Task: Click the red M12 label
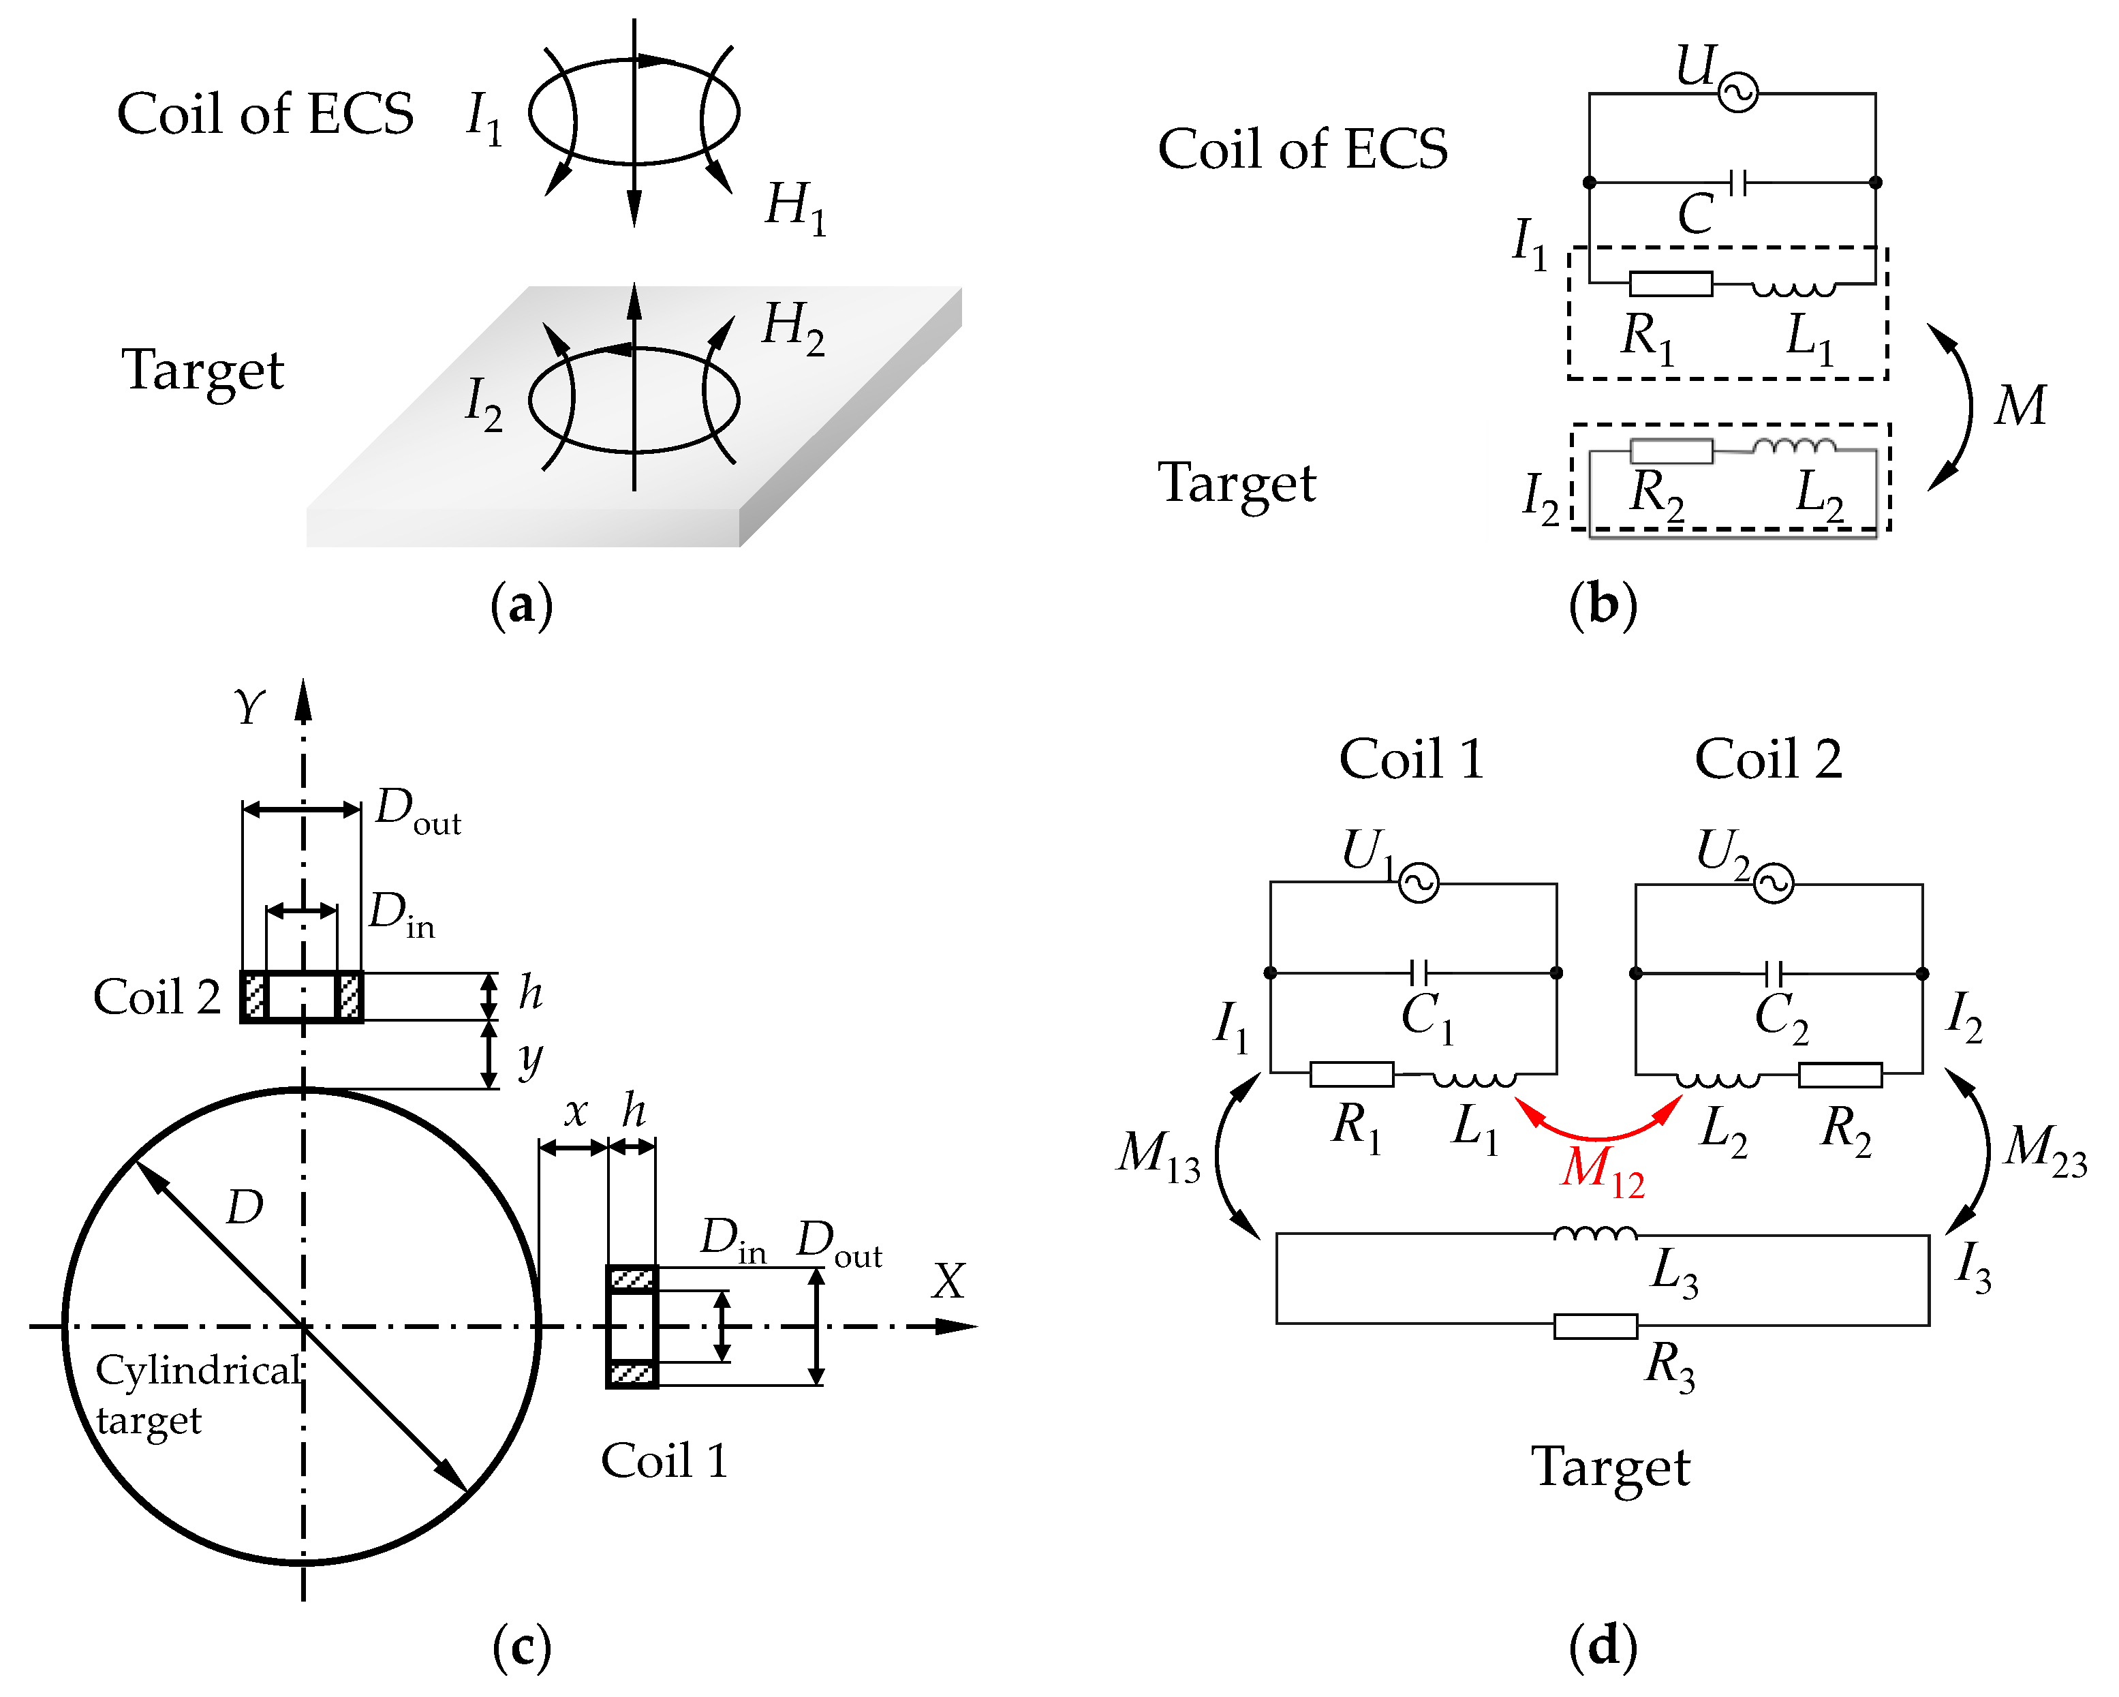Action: pos(1601,1170)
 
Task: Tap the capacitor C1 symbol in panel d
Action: pos(1419,973)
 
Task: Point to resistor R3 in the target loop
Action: pos(1594,1326)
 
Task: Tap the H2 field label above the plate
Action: pos(792,326)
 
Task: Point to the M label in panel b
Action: pos(2020,404)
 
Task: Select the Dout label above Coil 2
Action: pos(418,810)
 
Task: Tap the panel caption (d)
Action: pos(1602,1645)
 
